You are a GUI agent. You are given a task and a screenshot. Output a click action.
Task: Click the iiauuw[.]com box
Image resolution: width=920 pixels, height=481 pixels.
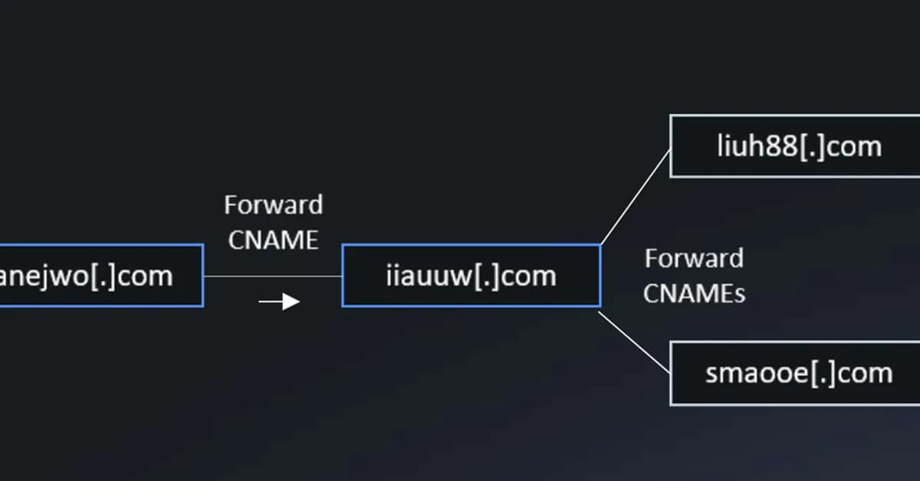(x=471, y=276)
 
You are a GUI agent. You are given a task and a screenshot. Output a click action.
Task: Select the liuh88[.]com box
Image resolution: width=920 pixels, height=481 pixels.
(x=797, y=146)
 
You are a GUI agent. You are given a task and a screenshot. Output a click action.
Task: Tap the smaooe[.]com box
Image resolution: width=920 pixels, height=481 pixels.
(x=797, y=374)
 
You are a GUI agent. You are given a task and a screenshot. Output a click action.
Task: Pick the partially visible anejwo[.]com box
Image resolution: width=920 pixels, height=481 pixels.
(x=100, y=276)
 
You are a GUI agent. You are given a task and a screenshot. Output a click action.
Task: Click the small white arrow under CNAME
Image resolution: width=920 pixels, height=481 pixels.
(x=280, y=302)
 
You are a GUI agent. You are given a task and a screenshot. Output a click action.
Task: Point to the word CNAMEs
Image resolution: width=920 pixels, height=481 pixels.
(x=694, y=293)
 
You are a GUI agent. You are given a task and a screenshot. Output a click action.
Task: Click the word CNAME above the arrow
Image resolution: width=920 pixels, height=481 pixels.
(x=273, y=240)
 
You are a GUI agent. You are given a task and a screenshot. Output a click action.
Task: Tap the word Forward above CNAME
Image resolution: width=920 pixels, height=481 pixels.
(x=273, y=205)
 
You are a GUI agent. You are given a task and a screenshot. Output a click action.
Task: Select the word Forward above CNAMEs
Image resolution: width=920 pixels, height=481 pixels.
(x=694, y=259)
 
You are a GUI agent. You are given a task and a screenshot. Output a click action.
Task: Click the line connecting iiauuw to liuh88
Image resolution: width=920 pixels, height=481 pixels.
(x=636, y=198)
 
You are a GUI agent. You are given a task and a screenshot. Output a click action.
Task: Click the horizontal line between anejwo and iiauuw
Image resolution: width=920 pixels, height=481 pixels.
(x=272, y=276)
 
